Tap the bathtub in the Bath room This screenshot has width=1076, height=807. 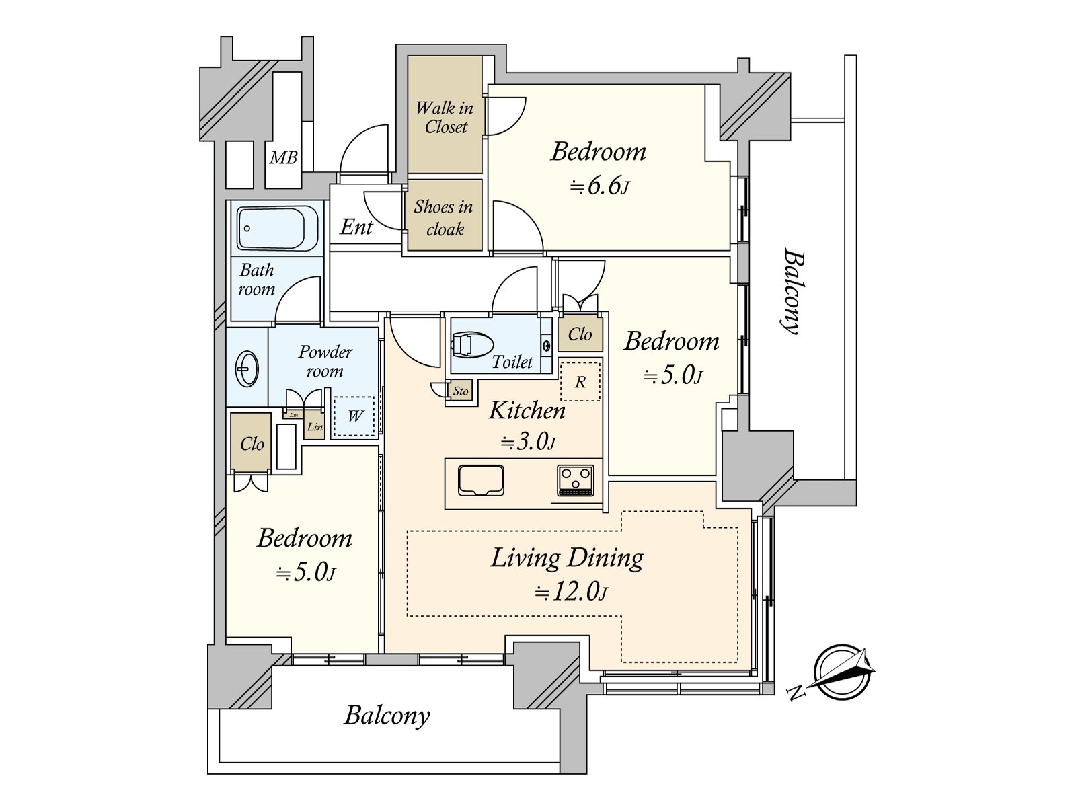(276, 229)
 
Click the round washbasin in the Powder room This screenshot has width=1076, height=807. (247, 368)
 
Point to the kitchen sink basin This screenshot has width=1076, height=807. (481, 480)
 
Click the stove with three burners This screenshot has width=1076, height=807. (576, 480)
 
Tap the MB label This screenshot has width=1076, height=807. (283, 158)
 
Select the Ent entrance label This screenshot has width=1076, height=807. (356, 227)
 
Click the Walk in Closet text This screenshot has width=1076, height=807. (445, 117)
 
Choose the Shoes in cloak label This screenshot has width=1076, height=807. (443, 217)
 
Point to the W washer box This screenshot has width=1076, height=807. (355, 416)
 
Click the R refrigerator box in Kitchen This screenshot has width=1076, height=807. (580, 382)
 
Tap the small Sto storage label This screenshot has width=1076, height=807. (461, 391)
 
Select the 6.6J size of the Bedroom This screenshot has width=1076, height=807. (599, 186)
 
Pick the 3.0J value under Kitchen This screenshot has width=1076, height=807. (527, 443)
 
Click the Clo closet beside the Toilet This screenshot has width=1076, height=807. (580, 334)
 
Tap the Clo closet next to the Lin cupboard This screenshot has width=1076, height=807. (252, 444)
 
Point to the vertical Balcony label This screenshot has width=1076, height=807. (794, 291)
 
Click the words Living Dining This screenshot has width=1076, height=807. (567, 558)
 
